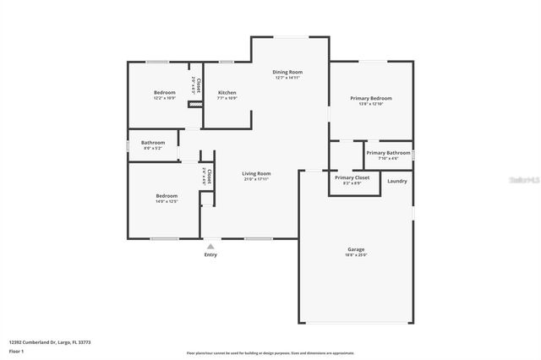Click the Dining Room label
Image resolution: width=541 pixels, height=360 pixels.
pos(287,72)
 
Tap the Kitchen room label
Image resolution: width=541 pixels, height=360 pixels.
pos(227,92)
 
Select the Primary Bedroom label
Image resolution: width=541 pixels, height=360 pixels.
pos(371,98)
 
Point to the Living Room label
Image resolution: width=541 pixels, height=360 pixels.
pos(256,172)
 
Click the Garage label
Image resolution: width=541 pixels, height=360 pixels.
pos(356,249)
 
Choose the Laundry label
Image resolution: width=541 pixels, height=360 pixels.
pos(397,181)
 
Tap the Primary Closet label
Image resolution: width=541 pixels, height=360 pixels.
pos(352,178)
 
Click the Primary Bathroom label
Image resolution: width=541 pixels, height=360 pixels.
pos(388,153)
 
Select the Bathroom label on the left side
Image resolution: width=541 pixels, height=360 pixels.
pos(153,143)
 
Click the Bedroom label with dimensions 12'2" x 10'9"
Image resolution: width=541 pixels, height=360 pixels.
pos(164,92)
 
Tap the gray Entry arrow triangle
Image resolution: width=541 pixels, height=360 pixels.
pos(210,246)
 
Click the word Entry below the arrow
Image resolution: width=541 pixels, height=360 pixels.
pos(210,255)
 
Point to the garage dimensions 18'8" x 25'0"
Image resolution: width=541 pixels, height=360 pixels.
pos(356,255)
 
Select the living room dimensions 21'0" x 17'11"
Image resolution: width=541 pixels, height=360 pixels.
pos(256,179)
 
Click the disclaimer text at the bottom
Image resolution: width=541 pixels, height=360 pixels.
pos(270,352)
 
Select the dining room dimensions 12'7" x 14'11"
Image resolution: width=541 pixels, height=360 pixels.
pos(287,78)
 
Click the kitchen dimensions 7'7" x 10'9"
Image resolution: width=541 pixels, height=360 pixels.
pos(227,98)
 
